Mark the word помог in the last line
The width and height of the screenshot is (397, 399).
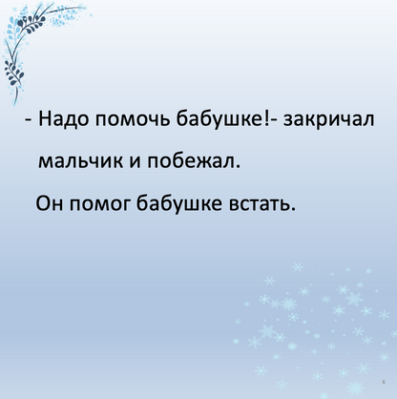coord(98,205)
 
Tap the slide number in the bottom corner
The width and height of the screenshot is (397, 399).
coord(381,379)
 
